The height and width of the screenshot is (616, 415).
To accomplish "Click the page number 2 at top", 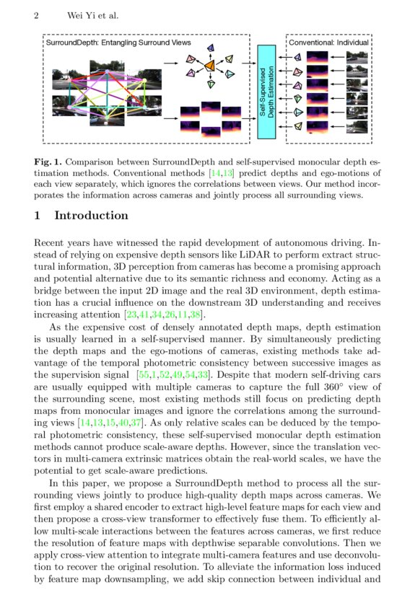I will (x=36, y=15).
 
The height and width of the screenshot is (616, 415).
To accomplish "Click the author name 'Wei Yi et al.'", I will (x=93, y=15).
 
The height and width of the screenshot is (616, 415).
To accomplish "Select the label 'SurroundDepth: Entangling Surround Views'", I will (x=118, y=43).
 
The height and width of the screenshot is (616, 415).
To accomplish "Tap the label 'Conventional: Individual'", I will (x=329, y=43).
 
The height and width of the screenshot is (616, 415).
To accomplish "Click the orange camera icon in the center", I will (x=209, y=66).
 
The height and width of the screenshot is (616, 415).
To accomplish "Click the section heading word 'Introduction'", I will (x=92, y=216).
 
